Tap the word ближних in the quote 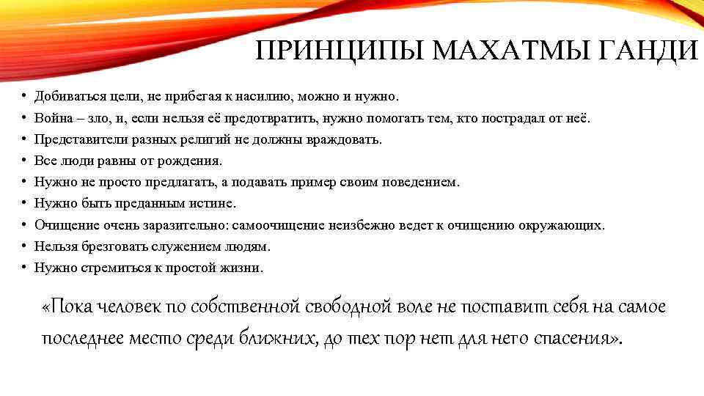point(279,338)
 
